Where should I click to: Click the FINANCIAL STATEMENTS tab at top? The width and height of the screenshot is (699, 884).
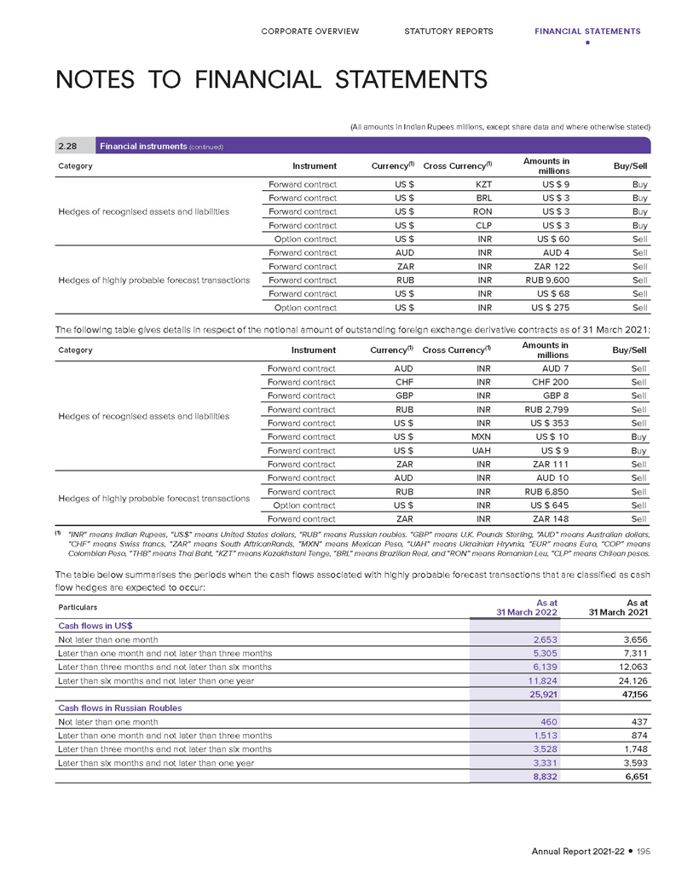[x=586, y=32]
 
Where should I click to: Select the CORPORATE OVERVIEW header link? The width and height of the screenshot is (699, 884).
[x=310, y=32]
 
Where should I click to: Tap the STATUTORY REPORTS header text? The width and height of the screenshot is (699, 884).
[x=448, y=32]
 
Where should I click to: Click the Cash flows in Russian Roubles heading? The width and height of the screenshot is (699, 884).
[x=119, y=708]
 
